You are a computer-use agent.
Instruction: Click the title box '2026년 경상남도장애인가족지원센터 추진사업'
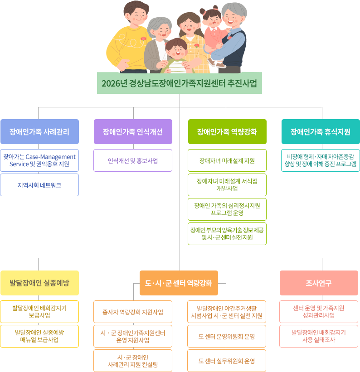pyautogui.click(x=180, y=83)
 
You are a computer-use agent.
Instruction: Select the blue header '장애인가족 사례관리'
pyautogui.click(x=39, y=132)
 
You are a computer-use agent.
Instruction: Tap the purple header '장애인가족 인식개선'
pyautogui.click(x=133, y=132)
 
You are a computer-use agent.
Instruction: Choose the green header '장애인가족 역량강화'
pyautogui.click(x=227, y=132)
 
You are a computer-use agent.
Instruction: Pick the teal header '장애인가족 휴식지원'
pyautogui.click(x=320, y=132)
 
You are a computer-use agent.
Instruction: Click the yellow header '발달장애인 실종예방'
pyautogui.click(x=39, y=283)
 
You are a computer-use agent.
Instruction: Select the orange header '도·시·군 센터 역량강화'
pyautogui.click(x=179, y=283)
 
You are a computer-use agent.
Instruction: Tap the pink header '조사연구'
pyautogui.click(x=318, y=283)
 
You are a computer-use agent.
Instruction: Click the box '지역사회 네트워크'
pyautogui.click(x=39, y=185)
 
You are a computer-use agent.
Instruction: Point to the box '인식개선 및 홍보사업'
pyautogui.click(x=133, y=161)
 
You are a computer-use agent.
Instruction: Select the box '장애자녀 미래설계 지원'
pyautogui.click(x=227, y=161)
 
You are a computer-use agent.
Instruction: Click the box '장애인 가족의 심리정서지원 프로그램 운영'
pyautogui.click(x=227, y=209)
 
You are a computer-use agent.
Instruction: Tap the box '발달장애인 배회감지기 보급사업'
pyautogui.click(x=39, y=311)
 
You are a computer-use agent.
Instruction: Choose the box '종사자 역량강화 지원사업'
pyautogui.click(x=133, y=312)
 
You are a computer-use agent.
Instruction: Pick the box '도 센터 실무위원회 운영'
pyautogui.click(x=227, y=361)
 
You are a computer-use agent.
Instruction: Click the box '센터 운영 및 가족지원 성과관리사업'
pyautogui.click(x=318, y=311)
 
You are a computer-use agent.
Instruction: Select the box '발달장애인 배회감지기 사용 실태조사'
pyautogui.click(x=318, y=336)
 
